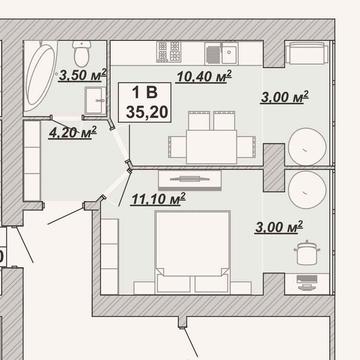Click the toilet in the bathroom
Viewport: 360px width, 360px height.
80,53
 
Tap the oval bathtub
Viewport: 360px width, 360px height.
40,76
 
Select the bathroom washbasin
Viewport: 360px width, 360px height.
95,100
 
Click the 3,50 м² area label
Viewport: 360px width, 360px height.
83,75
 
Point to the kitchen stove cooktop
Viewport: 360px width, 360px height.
169,52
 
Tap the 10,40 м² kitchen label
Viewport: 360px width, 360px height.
204,77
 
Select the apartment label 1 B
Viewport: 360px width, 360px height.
145,92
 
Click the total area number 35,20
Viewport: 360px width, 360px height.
147,113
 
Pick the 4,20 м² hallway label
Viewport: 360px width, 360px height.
72,133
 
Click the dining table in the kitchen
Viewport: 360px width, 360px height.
211,147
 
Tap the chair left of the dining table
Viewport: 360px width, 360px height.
178,147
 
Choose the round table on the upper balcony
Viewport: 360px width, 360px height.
307,147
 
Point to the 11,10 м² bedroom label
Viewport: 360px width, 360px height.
158,199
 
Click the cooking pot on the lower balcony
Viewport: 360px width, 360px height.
307,253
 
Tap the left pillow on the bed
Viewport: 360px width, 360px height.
174,284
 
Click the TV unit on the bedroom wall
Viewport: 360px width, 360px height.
190,180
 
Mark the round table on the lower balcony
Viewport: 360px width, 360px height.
307,190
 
